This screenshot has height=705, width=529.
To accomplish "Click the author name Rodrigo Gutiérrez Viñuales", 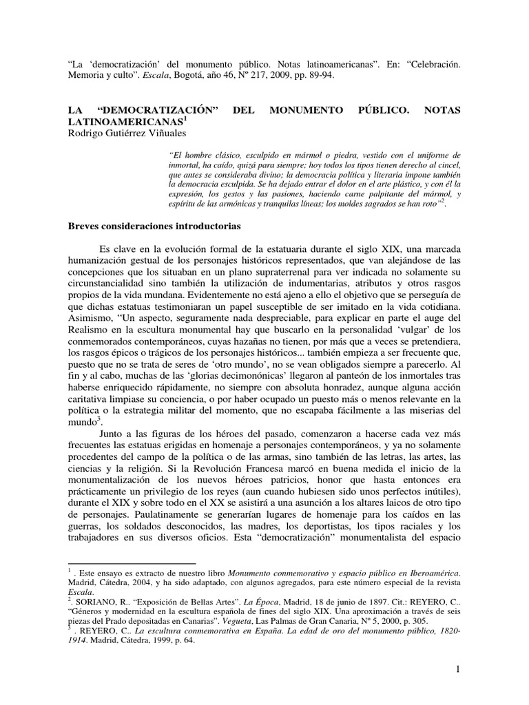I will (x=132, y=133).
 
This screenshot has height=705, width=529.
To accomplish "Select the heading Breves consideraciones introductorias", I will (x=162, y=225).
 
